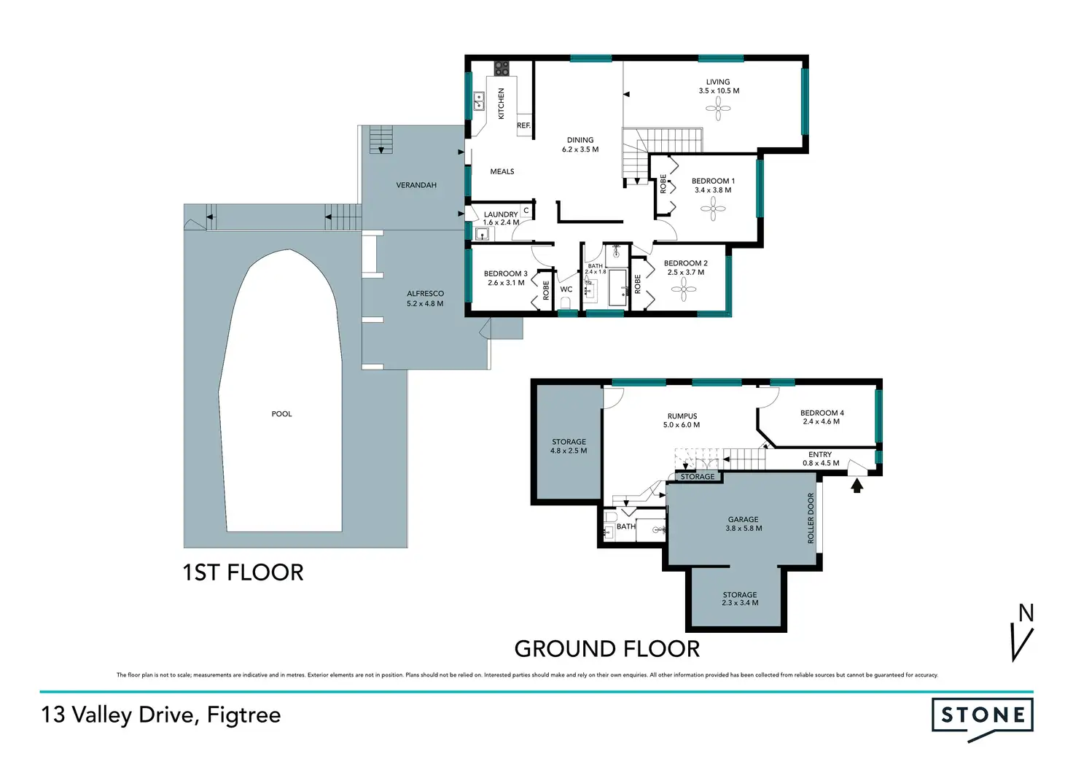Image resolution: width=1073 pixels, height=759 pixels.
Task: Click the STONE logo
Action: [x=982, y=720]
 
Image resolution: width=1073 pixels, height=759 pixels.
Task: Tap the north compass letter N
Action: [x=1026, y=613]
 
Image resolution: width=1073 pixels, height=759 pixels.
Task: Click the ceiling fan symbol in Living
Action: [x=718, y=109]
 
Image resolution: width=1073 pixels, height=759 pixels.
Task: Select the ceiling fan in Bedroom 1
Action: [x=713, y=209]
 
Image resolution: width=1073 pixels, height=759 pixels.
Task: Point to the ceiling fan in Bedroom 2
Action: [x=683, y=289]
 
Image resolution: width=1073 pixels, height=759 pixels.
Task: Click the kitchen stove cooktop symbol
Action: [x=502, y=69]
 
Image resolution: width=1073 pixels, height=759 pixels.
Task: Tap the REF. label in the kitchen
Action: [x=523, y=125]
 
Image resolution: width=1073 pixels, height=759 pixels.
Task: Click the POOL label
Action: [x=281, y=414]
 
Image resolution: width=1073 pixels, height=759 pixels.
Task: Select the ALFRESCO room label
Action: [x=426, y=293]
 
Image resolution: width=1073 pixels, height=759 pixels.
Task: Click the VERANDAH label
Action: [x=416, y=185]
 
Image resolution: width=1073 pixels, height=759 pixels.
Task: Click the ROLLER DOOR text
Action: [x=811, y=518]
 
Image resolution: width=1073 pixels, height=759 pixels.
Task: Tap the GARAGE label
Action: [x=744, y=519]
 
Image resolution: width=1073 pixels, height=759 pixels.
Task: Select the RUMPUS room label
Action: [x=682, y=416]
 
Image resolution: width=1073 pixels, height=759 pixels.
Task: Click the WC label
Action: [x=566, y=289]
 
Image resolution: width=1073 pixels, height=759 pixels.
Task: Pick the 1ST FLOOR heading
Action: [x=243, y=572]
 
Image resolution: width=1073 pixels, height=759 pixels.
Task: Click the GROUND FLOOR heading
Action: [x=607, y=649]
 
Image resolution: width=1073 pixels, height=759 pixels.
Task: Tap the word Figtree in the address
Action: [x=243, y=715]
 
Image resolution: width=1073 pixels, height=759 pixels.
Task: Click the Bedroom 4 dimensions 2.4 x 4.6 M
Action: [x=822, y=421]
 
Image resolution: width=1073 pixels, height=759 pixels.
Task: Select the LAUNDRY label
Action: [x=501, y=214]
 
